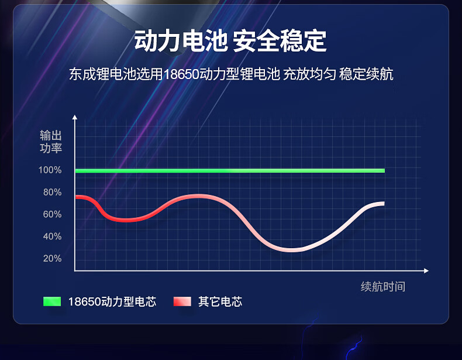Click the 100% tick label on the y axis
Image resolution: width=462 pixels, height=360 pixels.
(50, 170)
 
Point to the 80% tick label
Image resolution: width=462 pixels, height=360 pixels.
(53, 192)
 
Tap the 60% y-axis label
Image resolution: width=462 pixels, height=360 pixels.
(53, 214)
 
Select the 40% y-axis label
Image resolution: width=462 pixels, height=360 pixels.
(53, 236)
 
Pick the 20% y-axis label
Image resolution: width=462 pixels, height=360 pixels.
(53, 259)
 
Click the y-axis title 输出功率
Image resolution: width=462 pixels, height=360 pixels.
(51, 142)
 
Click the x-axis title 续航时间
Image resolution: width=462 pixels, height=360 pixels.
(383, 286)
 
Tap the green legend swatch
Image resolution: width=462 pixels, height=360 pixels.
(52, 301)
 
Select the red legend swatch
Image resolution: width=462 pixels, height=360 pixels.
(182, 301)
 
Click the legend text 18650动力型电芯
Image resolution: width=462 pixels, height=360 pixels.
(112, 301)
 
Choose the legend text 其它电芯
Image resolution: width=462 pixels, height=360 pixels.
(220, 301)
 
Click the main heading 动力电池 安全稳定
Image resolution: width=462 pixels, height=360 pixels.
(230, 41)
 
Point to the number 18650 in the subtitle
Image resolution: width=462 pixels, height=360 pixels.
(181, 74)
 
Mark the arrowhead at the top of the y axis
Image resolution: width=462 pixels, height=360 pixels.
(75, 117)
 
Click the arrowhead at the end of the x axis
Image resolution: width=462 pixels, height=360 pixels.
(426, 270)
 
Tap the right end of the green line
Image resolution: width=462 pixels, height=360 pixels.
(384, 170)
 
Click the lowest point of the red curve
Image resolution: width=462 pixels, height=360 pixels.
(291, 250)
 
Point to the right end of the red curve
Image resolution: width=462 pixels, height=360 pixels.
(384, 204)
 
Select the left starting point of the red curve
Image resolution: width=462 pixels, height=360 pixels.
(76, 197)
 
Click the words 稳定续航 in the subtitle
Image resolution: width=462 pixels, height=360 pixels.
(366, 74)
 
